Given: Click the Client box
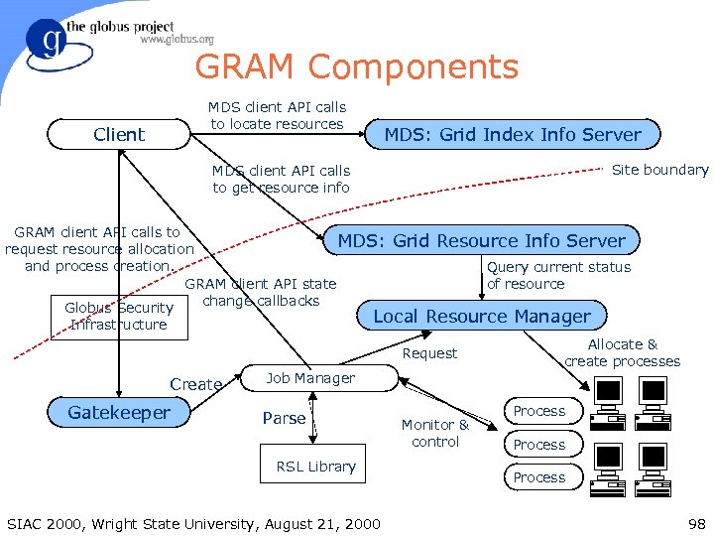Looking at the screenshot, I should click(119, 134).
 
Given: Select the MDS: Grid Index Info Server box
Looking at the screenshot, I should click(512, 134).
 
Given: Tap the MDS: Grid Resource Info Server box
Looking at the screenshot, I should click(482, 240).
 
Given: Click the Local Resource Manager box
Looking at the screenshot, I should click(481, 317).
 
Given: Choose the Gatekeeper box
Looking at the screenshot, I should click(119, 412).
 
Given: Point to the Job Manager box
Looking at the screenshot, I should click(310, 378).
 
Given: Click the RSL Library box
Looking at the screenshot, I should click(315, 467).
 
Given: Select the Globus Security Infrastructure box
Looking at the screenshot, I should click(119, 316).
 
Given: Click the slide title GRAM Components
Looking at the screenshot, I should click(356, 67).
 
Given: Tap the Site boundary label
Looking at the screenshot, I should click(659, 170).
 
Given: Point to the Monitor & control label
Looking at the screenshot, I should click(435, 433).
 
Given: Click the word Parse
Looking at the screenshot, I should click(284, 418).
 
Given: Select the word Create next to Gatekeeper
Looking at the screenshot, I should click(195, 384).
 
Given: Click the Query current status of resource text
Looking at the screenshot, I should click(558, 275).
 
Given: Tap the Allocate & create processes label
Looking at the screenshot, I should click(622, 352).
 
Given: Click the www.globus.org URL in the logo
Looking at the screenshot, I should click(177, 40).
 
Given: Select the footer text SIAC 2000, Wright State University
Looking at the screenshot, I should click(192, 523).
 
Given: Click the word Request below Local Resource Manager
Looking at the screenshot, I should click(429, 353).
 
